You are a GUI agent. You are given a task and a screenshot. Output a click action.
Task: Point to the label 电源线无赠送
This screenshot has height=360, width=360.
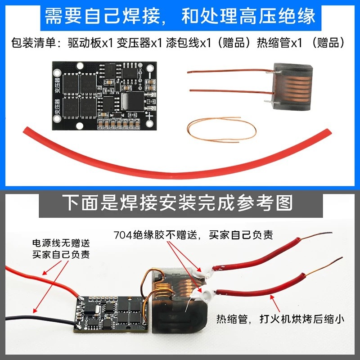[x=61, y=243]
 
